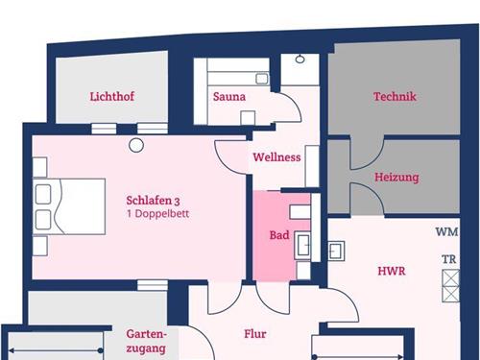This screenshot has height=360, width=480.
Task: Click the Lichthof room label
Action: (111, 96)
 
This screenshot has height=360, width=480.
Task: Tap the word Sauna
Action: (229, 97)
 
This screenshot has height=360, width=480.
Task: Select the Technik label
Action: (395, 96)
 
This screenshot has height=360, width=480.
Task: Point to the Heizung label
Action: (396, 178)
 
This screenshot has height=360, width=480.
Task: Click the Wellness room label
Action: (276, 157)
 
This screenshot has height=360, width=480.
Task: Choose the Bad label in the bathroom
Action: (279, 235)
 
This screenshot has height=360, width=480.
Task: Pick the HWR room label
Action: (392, 271)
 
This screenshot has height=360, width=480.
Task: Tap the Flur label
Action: (255, 334)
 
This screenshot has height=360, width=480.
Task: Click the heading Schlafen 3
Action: (153, 201)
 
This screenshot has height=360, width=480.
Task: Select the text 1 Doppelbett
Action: (157, 214)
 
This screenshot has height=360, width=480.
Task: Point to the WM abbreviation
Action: (446, 231)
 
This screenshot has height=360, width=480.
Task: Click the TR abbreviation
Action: (448, 259)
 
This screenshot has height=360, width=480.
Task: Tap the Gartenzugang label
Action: (146, 341)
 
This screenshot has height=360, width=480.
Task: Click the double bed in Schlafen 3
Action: (69, 206)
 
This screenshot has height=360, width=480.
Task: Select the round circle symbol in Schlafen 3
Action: (136, 145)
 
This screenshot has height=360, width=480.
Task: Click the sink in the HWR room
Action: (336, 252)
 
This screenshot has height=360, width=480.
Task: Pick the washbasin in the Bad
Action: (302, 245)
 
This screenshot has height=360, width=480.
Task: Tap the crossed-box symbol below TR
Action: (450, 286)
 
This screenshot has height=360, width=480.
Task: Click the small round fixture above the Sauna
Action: (300, 60)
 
